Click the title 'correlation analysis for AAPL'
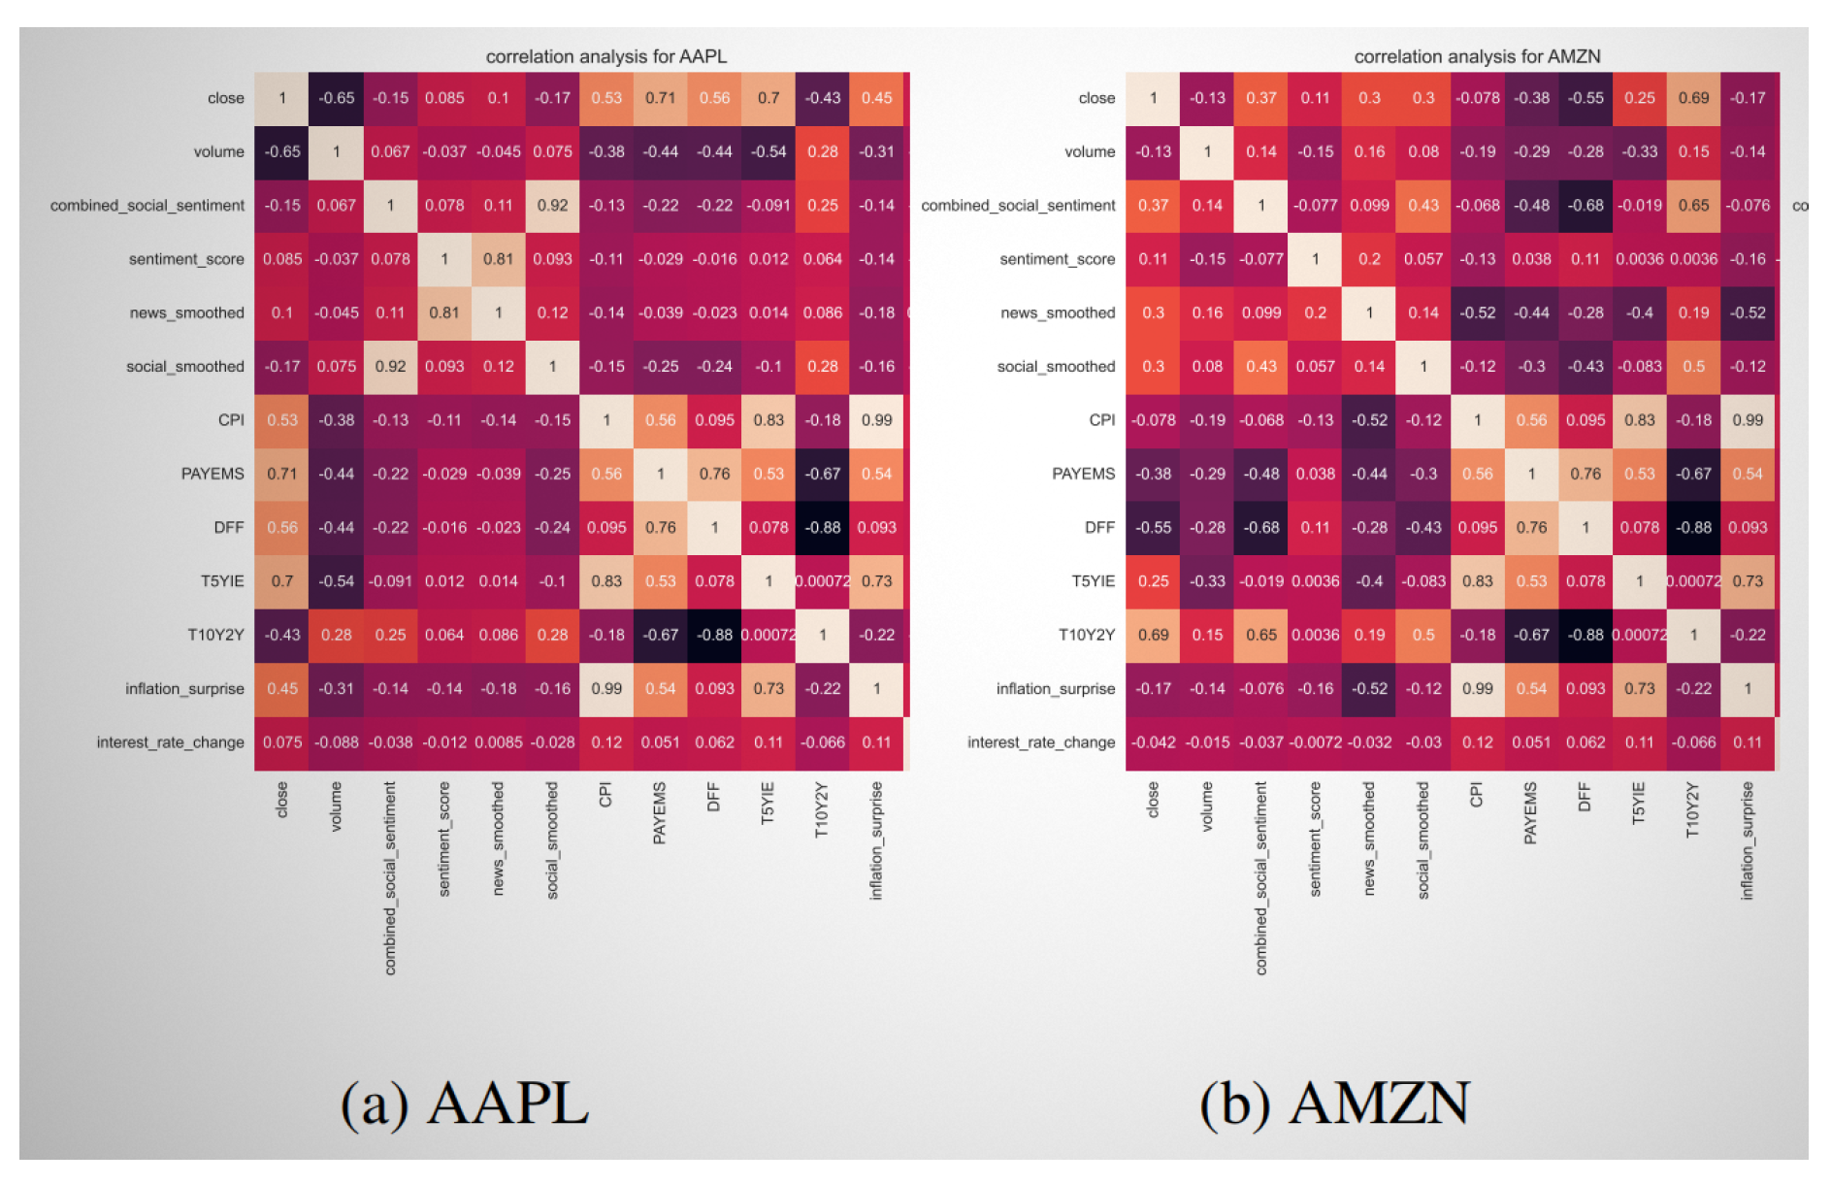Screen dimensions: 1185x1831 (x=605, y=56)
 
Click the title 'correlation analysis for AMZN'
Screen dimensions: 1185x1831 (x=1476, y=56)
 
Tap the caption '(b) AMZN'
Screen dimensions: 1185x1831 (x=1334, y=1104)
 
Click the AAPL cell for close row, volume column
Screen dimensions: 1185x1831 (x=337, y=98)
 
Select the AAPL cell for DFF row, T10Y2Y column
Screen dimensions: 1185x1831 (x=822, y=528)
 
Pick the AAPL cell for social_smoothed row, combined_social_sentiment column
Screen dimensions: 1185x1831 (x=390, y=367)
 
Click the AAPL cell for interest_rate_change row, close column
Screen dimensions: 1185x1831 (x=282, y=742)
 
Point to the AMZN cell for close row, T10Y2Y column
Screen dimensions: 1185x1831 (x=1693, y=98)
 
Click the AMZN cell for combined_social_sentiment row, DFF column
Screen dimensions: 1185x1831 (x=1586, y=206)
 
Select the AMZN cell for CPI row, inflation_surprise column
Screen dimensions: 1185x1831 (x=1748, y=420)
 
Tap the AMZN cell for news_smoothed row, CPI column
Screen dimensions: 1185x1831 (x=1477, y=313)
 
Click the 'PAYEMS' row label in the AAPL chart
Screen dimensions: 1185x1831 (x=213, y=474)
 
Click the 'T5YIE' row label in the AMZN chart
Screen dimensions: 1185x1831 (x=1093, y=581)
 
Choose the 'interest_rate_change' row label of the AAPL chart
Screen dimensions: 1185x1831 (x=170, y=742)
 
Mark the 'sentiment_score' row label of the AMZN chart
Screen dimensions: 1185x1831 (x=1057, y=259)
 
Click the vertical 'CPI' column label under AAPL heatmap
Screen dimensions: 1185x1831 (x=605, y=795)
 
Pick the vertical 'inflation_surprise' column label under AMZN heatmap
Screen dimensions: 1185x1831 (x=1748, y=840)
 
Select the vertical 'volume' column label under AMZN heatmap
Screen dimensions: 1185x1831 (x=1207, y=806)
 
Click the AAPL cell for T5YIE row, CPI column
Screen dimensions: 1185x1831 (x=606, y=581)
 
